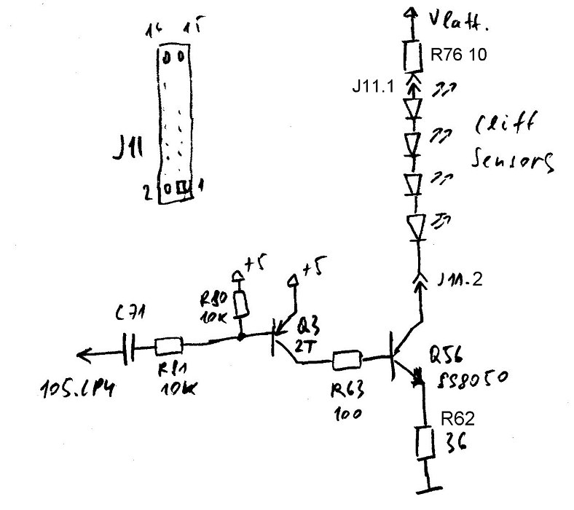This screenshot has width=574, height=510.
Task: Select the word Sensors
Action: (x=513, y=159)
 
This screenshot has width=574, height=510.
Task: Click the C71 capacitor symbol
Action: (x=130, y=350)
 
